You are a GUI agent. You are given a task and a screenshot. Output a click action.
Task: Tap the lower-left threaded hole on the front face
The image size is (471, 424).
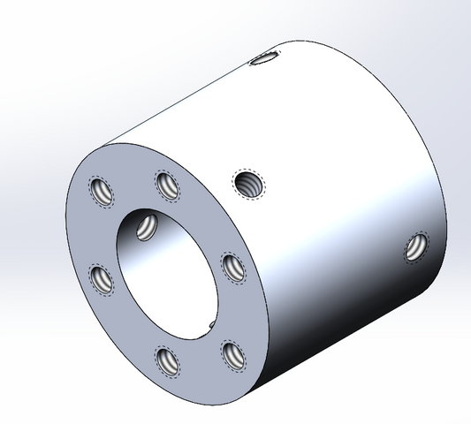click(x=103, y=281)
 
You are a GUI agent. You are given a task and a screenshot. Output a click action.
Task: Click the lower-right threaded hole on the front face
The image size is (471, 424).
click(x=232, y=353)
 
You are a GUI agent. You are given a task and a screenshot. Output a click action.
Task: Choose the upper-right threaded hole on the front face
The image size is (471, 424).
click(x=231, y=265)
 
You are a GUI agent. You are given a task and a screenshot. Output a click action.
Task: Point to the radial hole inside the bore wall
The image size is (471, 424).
click(x=147, y=226)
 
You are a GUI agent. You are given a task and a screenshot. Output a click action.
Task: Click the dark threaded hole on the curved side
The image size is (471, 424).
click(x=247, y=185)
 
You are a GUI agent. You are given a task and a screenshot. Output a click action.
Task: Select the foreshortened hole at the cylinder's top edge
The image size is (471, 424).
click(x=263, y=59)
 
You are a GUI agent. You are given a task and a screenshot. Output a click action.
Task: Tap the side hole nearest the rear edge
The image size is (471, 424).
click(x=414, y=246)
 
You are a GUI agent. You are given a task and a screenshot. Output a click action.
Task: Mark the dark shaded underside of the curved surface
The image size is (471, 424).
click(x=353, y=336)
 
